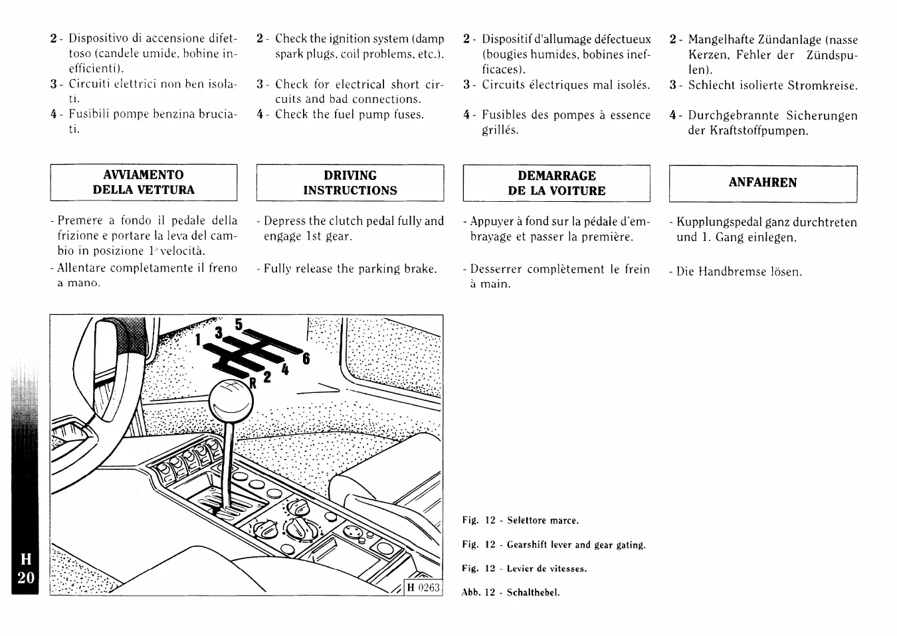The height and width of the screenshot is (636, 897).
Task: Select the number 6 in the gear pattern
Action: click(x=306, y=358)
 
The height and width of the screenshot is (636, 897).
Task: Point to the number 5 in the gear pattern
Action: click(x=238, y=325)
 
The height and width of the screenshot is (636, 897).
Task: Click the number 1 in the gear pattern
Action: click(x=197, y=339)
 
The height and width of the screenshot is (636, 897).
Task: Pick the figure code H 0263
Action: click(x=423, y=588)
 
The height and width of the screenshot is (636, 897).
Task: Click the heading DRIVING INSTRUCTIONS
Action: click(x=350, y=183)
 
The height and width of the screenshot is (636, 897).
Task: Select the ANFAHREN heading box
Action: click(x=763, y=183)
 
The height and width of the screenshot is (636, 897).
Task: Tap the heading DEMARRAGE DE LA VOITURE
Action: click(x=557, y=183)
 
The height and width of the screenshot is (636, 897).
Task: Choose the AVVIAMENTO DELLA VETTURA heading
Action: click(x=144, y=182)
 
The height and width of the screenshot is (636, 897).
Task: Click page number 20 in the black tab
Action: click(x=26, y=578)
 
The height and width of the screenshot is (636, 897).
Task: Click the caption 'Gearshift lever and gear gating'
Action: click(x=576, y=545)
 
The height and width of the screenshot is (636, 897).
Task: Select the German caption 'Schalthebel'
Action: click(x=533, y=593)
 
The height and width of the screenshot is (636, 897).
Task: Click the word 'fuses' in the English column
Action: click(x=409, y=114)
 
